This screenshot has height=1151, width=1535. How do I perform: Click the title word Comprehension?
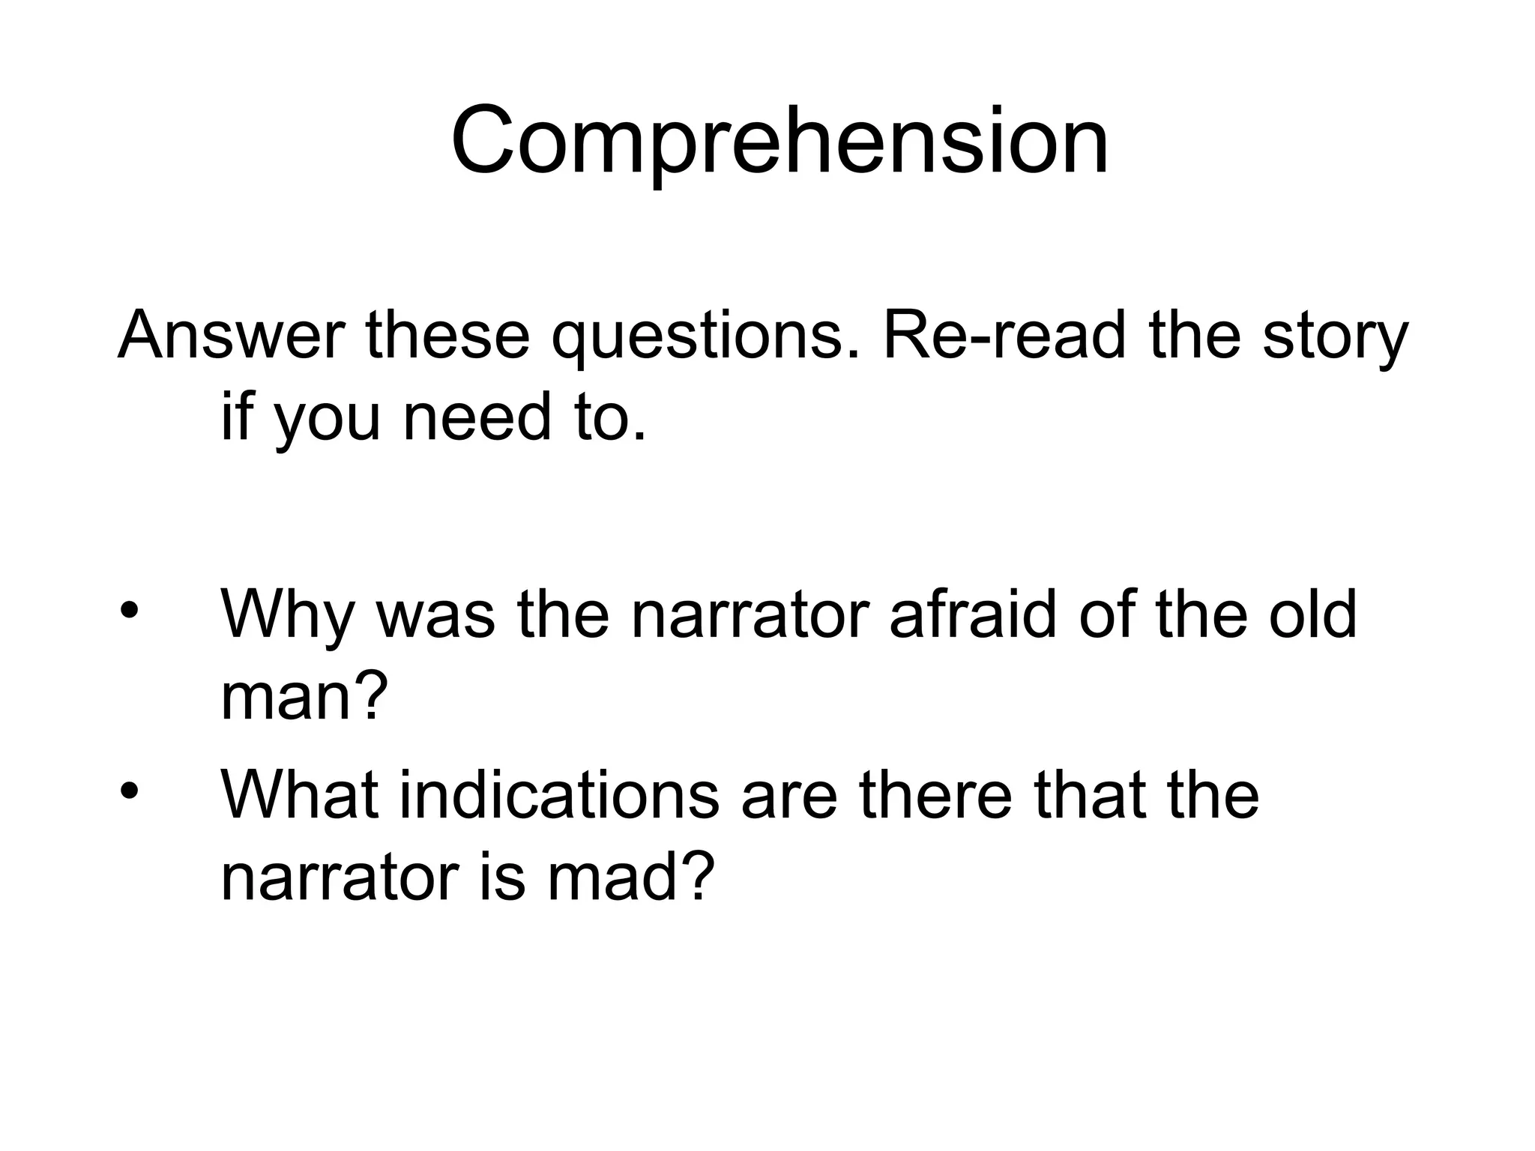click(x=779, y=142)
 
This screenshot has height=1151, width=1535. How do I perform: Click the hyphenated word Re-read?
click(x=1005, y=335)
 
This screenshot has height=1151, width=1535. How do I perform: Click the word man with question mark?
click(x=304, y=697)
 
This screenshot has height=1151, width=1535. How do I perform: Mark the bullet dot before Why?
click(x=129, y=609)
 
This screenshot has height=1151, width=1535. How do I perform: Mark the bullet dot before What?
click(x=129, y=790)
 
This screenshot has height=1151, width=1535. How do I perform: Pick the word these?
click(x=447, y=335)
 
